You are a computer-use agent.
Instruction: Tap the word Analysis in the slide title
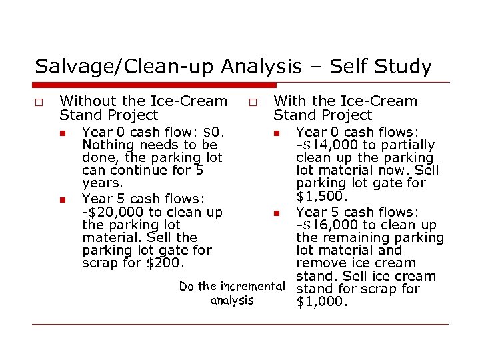pos(262,67)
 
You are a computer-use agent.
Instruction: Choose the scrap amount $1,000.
pos(322,302)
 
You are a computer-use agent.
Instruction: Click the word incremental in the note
pos(255,286)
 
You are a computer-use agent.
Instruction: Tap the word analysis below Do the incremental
pos(232,300)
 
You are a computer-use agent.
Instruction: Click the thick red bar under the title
pos(153,85)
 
